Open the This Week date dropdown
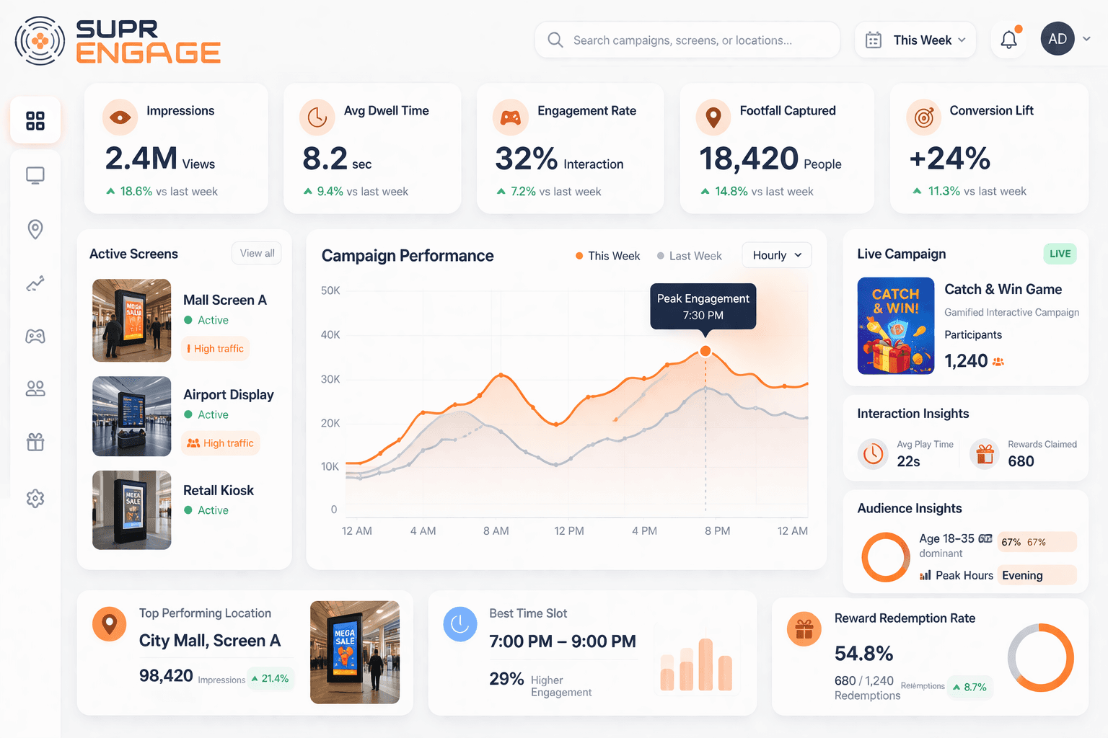click(x=915, y=40)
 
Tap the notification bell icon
click(x=1008, y=40)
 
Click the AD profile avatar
click(x=1057, y=39)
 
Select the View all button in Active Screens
click(x=257, y=254)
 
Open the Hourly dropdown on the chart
click(x=776, y=255)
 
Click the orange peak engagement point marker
click(x=705, y=351)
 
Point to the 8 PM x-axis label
click(x=717, y=531)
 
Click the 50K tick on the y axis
click(x=330, y=290)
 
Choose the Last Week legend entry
click(x=689, y=256)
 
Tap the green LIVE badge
click(x=1060, y=254)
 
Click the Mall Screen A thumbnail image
click(x=132, y=320)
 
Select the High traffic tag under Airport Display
click(x=221, y=443)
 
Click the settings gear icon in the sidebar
click(x=35, y=498)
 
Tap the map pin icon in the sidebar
click(x=35, y=229)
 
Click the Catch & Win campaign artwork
click(x=895, y=326)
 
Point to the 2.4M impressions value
click(x=141, y=159)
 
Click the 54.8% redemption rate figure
click(x=863, y=654)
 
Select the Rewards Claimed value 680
click(x=1021, y=461)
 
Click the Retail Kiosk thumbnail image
click(x=132, y=510)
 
